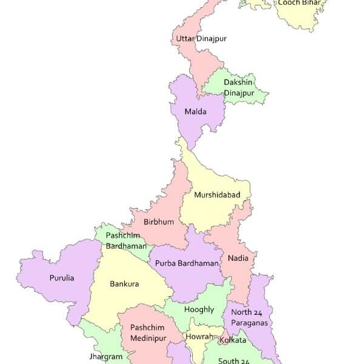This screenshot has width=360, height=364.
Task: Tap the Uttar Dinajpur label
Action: tap(201, 39)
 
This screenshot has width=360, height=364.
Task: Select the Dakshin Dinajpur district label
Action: tap(239, 87)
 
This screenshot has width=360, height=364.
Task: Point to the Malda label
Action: tap(196, 112)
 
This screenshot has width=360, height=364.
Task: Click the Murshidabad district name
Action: tap(217, 195)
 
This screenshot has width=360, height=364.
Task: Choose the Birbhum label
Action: tap(159, 222)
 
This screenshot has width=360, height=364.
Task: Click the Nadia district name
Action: tap(238, 258)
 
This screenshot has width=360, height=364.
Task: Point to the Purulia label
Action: tap(62, 278)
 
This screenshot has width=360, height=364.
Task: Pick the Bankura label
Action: tap(124, 283)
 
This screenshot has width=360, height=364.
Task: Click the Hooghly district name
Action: tap(198, 309)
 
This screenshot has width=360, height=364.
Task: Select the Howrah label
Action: tap(200, 337)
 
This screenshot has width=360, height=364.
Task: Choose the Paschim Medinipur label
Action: tap(147, 332)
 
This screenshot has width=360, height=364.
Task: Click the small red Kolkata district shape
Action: tap(222, 335)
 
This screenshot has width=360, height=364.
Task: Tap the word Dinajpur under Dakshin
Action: tap(239, 93)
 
